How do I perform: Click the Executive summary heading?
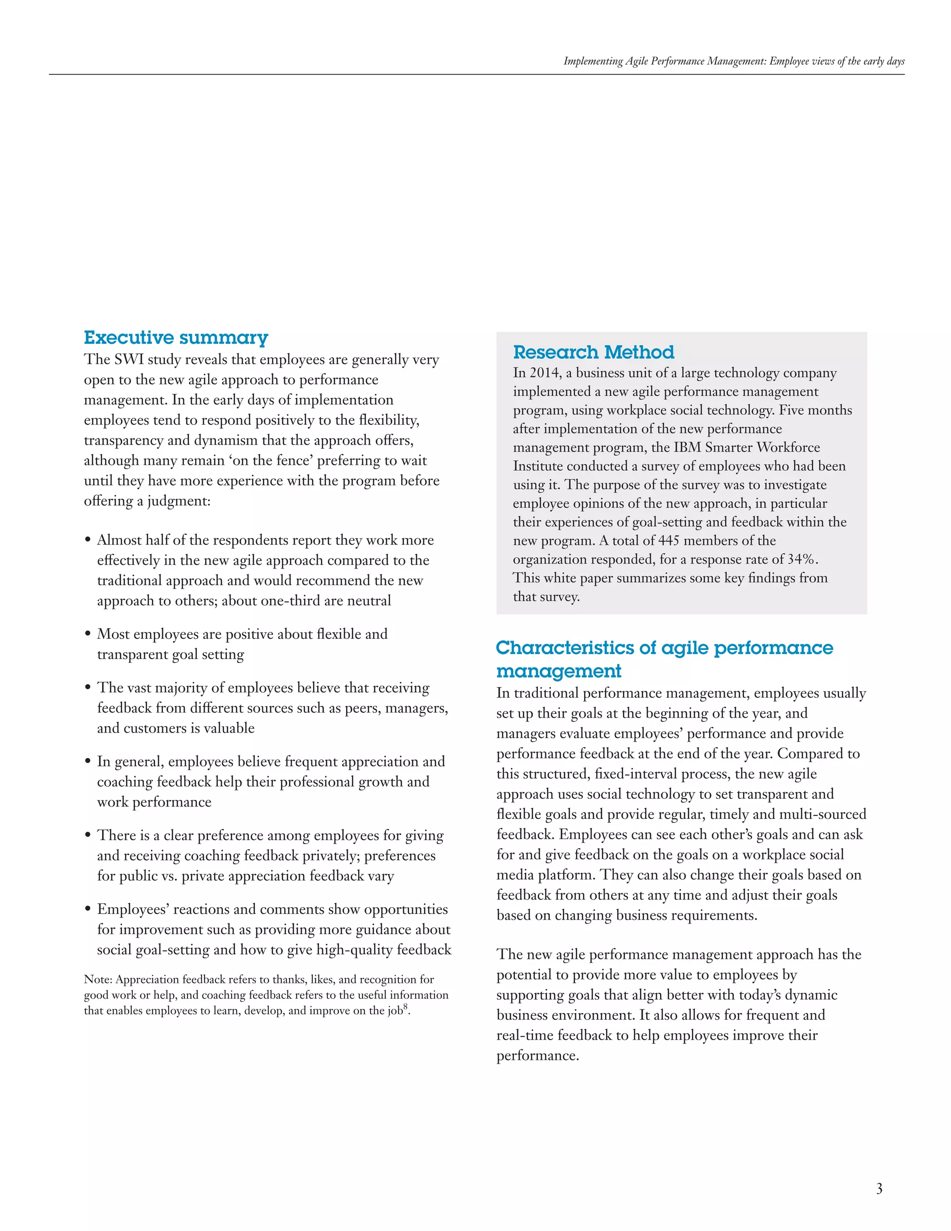(x=176, y=338)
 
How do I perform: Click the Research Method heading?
(x=593, y=352)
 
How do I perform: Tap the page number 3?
(x=879, y=1189)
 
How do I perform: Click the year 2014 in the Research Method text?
(x=545, y=373)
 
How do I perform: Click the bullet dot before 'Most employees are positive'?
(x=88, y=635)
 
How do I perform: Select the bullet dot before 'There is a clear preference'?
(x=88, y=836)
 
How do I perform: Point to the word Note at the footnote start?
(x=98, y=980)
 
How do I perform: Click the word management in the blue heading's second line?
(x=558, y=671)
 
